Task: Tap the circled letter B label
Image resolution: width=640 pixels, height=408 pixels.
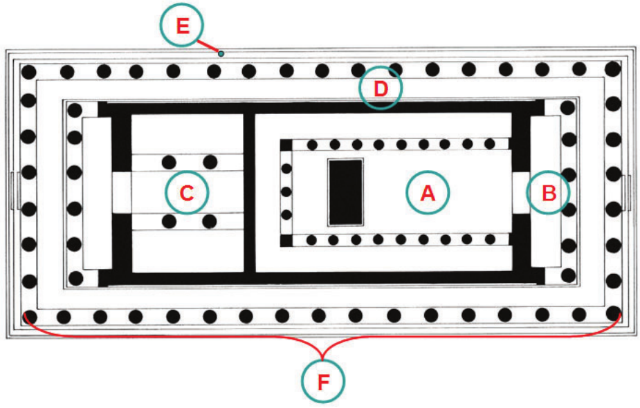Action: pyautogui.click(x=548, y=193)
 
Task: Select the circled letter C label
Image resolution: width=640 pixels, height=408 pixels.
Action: pyautogui.click(x=187, y=192)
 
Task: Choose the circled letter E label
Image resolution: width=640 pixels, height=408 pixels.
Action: pyautogui.click(x=182, y=26)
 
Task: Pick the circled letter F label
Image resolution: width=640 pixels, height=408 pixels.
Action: pyautogui.click(x=323, y=382)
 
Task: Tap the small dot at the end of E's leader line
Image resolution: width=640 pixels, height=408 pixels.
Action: pyautogui.click(x=221, y=53)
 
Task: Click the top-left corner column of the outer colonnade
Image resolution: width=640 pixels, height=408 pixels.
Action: pyautogui.click(x=28, y=71)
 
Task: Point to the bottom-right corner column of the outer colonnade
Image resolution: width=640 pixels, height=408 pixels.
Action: pyautogui.click(x=612, y=313)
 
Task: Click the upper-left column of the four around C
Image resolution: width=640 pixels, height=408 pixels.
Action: pyautogui.click(x=168, y=163)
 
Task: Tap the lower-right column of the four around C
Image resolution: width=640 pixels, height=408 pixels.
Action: pyautogui.click(x=209, y=221)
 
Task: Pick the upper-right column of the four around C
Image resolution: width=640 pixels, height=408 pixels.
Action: pyautogui.click(x=209, y=163)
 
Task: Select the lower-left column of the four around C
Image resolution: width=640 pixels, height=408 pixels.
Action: pyautogui.click(x=168, y=221)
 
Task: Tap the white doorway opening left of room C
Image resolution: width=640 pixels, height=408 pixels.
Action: pyautogui.click(x=121, y=192)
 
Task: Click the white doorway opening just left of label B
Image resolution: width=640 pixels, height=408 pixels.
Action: pyautogui.click(x=520, y=192)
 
